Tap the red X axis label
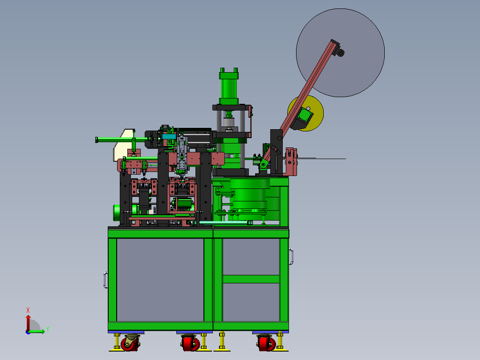click(x=28, y=310)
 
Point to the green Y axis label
click(x=48, y=329)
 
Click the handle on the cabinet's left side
click(x=105, y=280)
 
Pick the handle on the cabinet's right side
click(x=291, y=257)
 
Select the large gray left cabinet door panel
click(x=160, y=280)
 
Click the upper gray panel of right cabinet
click(x=251, y=257)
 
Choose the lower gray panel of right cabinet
click(x=251, y=302)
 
